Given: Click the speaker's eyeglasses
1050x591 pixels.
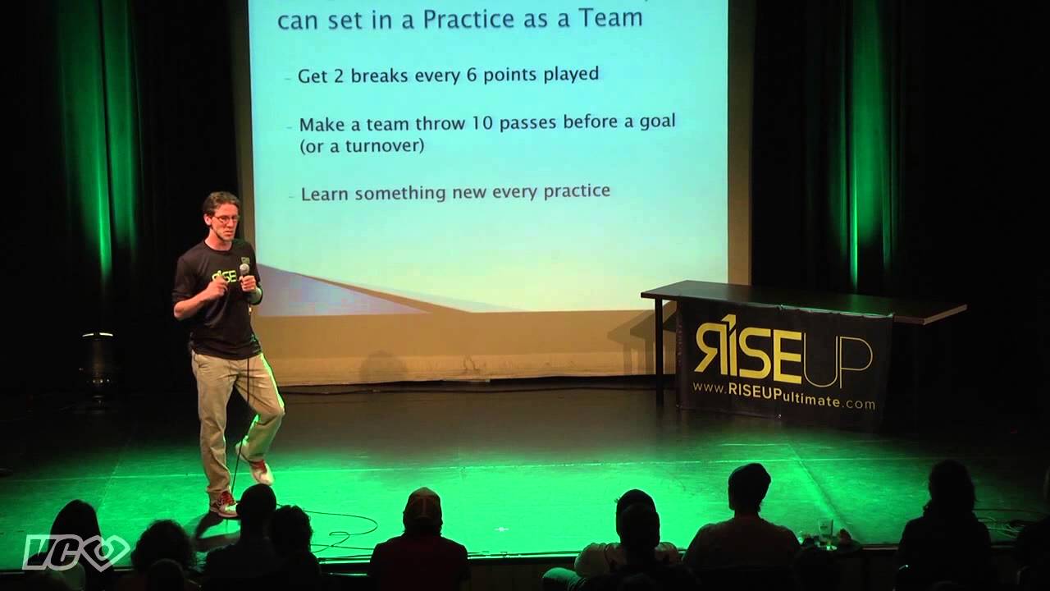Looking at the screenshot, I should tap(226, 219).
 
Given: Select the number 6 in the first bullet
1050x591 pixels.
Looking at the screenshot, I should tap(464, 75).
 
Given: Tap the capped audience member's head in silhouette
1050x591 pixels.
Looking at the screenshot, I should tap(422, 508).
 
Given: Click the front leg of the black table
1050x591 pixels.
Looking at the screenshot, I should tap(659, 353).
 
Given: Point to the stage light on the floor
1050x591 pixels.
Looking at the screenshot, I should tap(98, 353).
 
